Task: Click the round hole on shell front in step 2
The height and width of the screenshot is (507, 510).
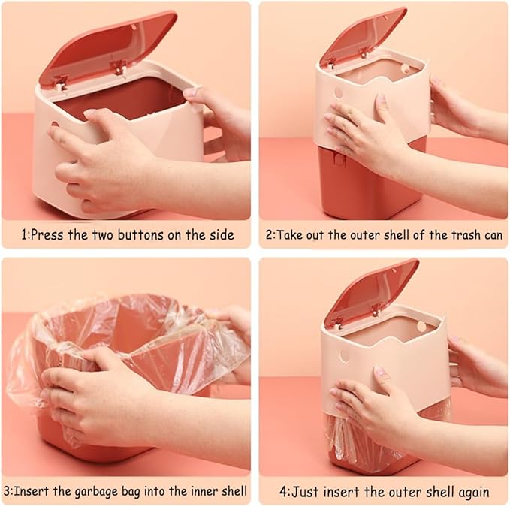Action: pos(338,94)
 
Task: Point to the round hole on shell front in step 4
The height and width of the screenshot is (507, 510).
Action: pos(343,355)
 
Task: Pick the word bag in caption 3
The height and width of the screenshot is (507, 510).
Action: pos(145,492)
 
